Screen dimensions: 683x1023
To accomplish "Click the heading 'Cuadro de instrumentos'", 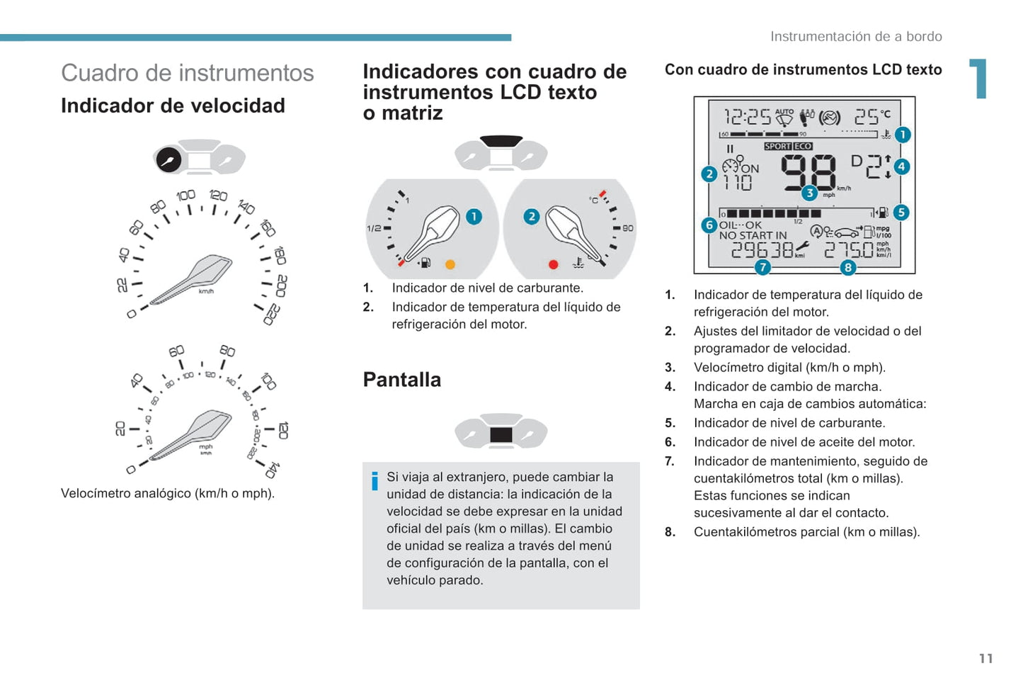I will (187, 73).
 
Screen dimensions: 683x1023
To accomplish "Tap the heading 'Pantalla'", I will (401, 380).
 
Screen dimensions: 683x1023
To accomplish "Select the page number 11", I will (985, 659).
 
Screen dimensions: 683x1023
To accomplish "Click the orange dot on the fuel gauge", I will (450, 264).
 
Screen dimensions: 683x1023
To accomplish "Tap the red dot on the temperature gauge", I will (553, 264).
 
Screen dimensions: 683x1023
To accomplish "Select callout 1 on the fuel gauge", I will (474, 217).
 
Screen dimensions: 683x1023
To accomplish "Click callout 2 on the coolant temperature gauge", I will (531, 217).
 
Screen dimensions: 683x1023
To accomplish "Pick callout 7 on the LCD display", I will (762, 267).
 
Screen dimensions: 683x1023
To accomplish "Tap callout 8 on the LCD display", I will (847, 267).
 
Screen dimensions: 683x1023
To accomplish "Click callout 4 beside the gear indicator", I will (901, 167).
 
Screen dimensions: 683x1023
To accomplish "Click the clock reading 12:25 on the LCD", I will (747, 116).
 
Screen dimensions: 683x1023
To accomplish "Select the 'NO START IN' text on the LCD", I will (753, 236).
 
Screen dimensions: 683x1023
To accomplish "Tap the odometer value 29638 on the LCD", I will (762, 250).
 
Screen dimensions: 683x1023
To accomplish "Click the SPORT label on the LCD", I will (777, 147).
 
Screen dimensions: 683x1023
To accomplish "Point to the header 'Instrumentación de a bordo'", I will (855, 37).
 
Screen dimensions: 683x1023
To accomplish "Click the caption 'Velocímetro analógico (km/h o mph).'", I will (168, 494).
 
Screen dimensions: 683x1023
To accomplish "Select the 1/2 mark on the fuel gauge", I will (374, 229).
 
